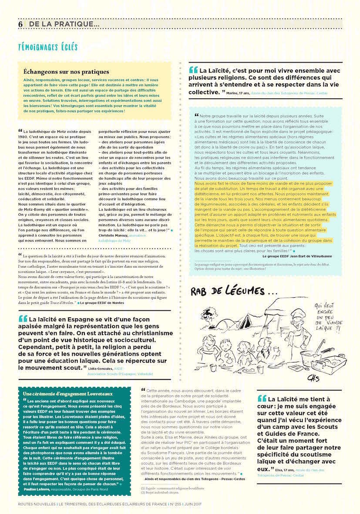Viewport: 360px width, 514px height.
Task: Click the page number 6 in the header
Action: coord(20,24)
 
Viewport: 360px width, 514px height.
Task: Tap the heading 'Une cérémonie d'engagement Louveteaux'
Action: coord(61,394)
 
